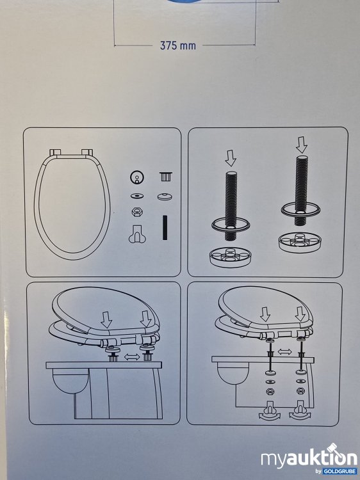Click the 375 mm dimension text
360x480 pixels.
[x=178, y=45]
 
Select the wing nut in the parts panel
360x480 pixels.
[x=135, y=236]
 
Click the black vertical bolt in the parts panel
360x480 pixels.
[x=165, y=228]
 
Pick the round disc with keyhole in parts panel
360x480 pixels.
[x=135, y=177]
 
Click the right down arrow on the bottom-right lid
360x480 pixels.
[x=300, y=315]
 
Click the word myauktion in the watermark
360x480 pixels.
[x=301, y=458]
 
